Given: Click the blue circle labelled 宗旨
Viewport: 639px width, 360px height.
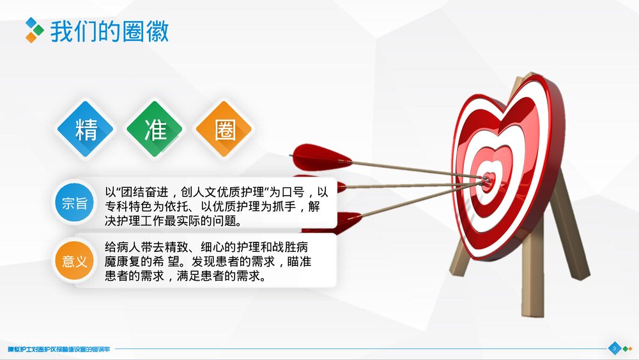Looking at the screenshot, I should [75, 203].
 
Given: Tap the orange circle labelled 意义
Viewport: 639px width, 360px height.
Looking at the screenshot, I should [75, 261].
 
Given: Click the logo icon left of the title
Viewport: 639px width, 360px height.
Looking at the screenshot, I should [35, 30].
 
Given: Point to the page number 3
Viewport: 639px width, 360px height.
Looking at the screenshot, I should [614, 348].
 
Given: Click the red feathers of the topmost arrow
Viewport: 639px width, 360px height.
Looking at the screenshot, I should [321, 156].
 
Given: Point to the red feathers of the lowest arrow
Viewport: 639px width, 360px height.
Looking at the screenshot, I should [335, 222].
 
